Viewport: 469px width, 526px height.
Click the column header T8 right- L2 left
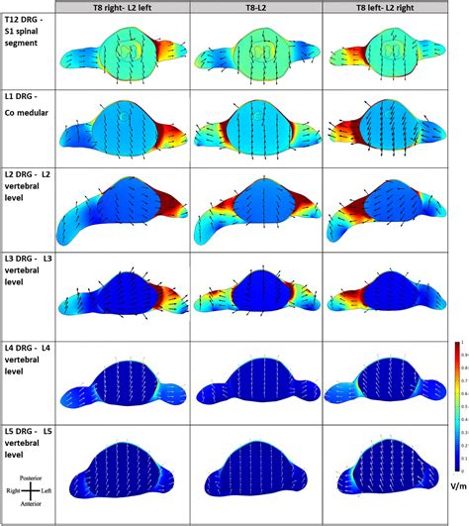tap(124, 8)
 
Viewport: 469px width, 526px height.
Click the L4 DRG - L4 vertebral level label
tap(28, 358)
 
